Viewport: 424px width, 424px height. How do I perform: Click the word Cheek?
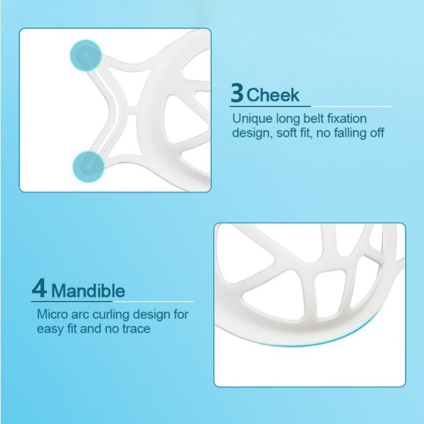point(273,95)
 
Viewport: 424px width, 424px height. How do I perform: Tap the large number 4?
point(39,288)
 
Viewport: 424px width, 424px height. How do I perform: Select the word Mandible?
point(88,290)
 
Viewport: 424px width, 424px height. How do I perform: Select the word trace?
point(135,328)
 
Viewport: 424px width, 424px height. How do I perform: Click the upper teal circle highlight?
point(86,55)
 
